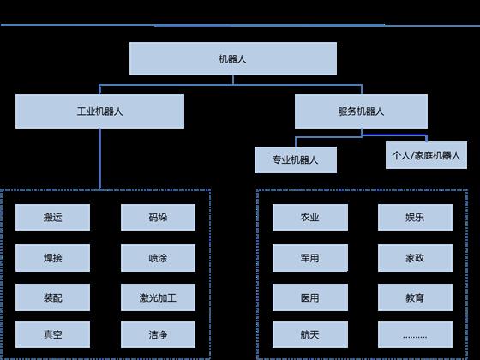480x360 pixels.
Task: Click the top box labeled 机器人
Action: coord(233,59)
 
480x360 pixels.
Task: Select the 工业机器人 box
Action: coord(99,111)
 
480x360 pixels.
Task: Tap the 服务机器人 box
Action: coord(361,111)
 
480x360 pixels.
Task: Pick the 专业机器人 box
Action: coord(296,159)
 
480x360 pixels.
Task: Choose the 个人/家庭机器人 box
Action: coord(427,155)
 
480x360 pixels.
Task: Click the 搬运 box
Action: coord(52,218)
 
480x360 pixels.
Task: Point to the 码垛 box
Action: coord(158,218)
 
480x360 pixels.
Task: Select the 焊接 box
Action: coord(52,258)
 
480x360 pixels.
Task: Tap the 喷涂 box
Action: coord(158,258)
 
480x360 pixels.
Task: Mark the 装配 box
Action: coord(52,297)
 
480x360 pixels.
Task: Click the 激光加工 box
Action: coord(158,297)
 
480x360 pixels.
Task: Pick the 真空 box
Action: coord(52,334)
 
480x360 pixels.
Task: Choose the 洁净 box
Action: coord(158,334)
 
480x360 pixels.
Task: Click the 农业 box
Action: coord(310,218)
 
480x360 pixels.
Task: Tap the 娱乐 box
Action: coord(415,218)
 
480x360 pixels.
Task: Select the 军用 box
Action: coord(310,258)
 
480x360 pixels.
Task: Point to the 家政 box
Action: coord(415,258)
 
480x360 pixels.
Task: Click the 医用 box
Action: coord(310,297)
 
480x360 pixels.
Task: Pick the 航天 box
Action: coord(310,334)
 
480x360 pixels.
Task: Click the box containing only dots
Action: coord(415,334)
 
